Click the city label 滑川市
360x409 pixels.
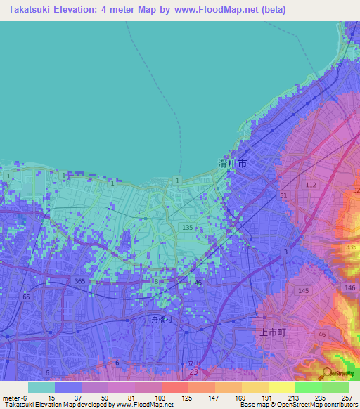tap(231, 162)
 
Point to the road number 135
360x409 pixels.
tap(188, 228)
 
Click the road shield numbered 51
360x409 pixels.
tap(283, 196)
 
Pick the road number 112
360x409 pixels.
tap(311, 185)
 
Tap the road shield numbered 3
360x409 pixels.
tap(285, 252)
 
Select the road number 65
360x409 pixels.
tap(26, 298)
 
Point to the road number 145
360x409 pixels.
tap(304, 291)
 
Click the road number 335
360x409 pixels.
tap(352, 248)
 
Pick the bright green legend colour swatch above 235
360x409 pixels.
tap(308, 387)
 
